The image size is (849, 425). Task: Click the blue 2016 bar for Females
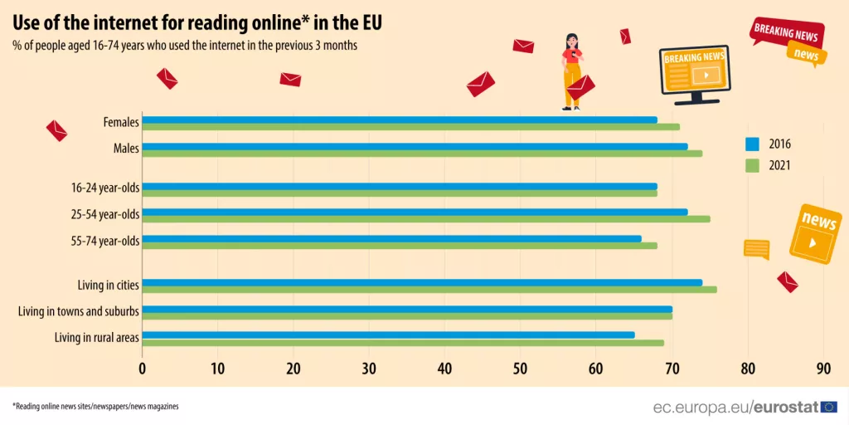click(x=399, y=120)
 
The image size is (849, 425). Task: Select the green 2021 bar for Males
click(x=422, y=154)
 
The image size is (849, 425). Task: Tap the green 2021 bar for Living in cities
click(x=429, y=290)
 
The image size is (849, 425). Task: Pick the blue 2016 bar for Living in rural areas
click(x=388, y=335)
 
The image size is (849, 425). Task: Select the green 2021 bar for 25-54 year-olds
click(x=426, y=219)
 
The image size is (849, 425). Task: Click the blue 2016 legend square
click(x=752, y=144)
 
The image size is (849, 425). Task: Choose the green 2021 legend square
click(x=752, y=165)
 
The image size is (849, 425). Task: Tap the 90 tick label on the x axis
click(x=823, y=368)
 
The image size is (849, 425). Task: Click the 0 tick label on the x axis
click(x=143, y=368)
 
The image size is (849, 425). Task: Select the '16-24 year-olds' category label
click(x=104, y=188)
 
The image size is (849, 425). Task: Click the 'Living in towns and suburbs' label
click(x=79, y=311)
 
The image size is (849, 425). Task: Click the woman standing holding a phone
click(x=572, y=71)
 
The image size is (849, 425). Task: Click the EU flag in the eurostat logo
click(x=829, y=407)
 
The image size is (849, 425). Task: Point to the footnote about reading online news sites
click(x=95, y=407)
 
